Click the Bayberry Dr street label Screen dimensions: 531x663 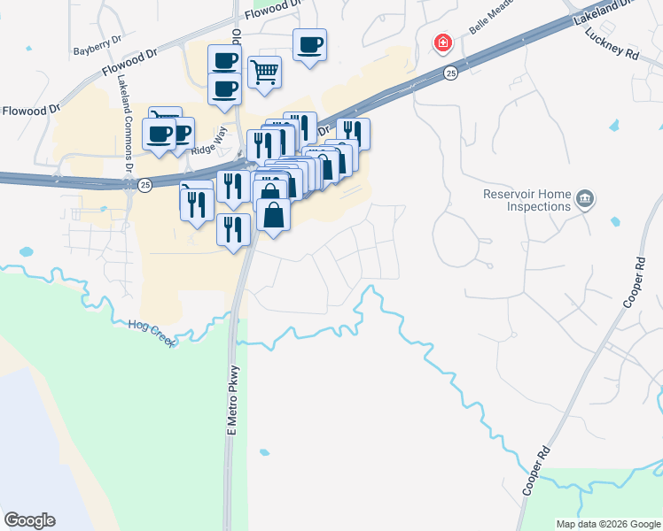pyautogui.click(x=96, y=51)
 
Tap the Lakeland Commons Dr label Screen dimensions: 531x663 pyautogui.click(x=125, y=123)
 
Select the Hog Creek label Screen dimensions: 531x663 pyautogui.click(x=151, y=334)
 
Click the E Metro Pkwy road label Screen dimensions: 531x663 pyautogui.click(x=233, y=400)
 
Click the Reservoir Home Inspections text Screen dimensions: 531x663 pyautogui.click(x=526, y=200)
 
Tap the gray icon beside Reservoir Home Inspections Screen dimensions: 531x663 pyautogui.click(x=584, y=198)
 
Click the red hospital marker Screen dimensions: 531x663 pyautogui.click(x=441, y=42)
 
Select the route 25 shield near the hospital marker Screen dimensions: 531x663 pyautogui.click(x=451, y=73)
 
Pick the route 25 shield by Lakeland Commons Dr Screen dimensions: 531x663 pyautogui.click(x=145, y=184)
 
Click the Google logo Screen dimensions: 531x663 pyautogui.click(x=29, y=520)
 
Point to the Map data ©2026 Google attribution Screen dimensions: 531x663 pyautogui.click(x=607, y=524)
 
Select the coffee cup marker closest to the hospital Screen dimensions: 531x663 pyautogui.click(x=310, y=44)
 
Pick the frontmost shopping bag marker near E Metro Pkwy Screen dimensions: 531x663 pyautogui.click(x=273, y=215)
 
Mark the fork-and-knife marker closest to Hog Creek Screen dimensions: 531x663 pyautogui.click(x=233, y=230)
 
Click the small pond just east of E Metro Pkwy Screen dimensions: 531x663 pyautogui.click(x=263, y=452)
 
